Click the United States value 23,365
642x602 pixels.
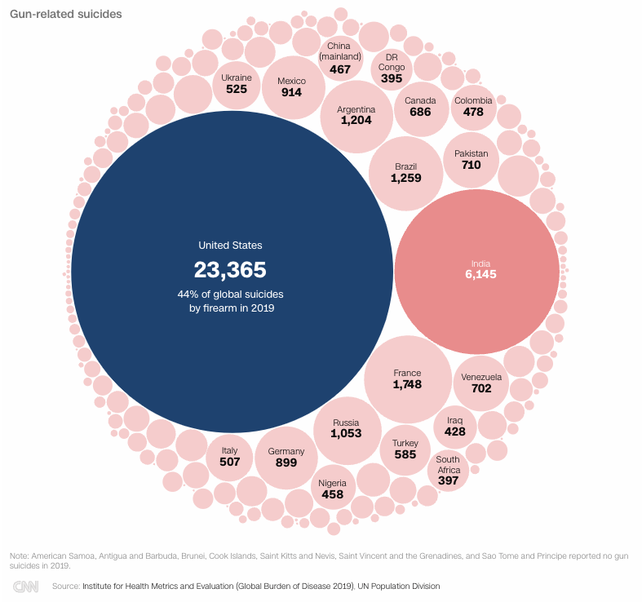point(230,270)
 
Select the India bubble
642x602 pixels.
point(477,272)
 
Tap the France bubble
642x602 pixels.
point(408,379)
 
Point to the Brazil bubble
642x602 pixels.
point(405,174)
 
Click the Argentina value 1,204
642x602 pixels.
point(356,121)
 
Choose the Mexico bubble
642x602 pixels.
point(294,87)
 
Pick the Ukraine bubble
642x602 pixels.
point(237,86)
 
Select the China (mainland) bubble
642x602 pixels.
point(341,58)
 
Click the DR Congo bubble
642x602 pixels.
point(392,69)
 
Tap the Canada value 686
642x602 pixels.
point(420,113)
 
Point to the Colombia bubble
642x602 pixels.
point(474,108)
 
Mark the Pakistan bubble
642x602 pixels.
point(472,160)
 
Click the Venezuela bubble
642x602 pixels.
point(481,383)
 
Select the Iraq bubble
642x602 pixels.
point(455,427)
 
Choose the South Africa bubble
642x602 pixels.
point(448,471)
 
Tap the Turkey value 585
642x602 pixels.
point(405,454)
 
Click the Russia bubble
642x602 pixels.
point(348,431)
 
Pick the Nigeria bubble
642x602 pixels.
point(333,487)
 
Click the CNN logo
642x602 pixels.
point(25,587)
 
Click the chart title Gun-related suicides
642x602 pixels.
point(66,14)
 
